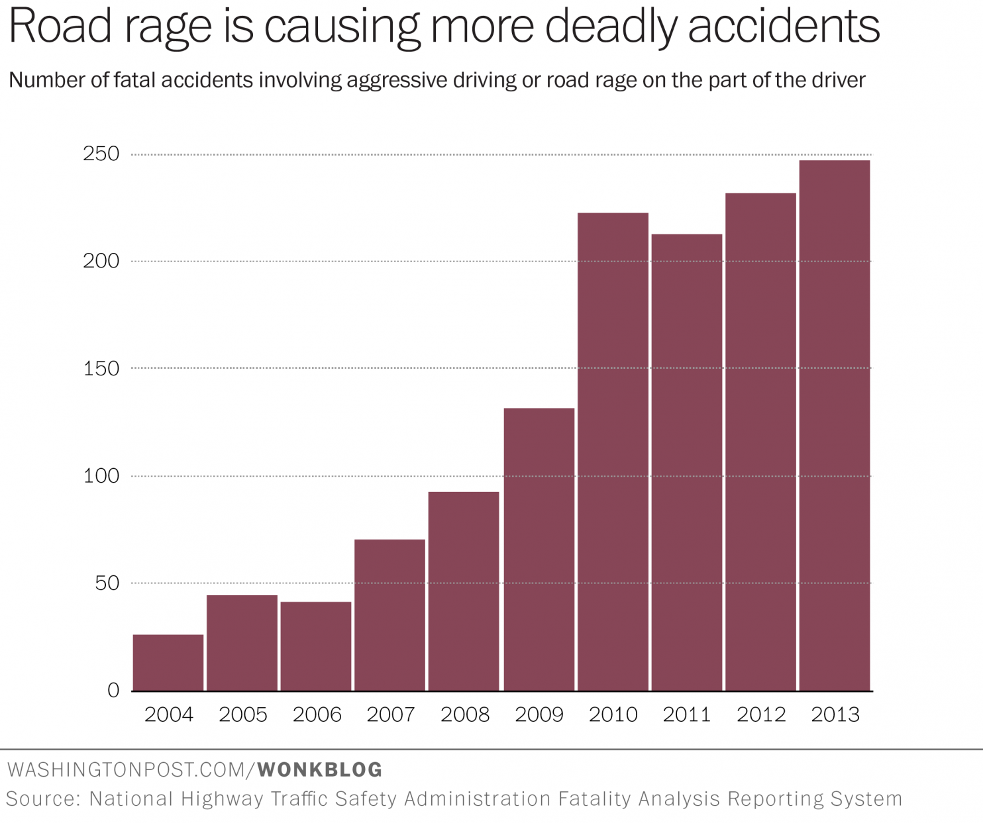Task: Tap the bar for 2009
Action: [539, 549]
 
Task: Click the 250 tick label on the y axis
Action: [101, 154]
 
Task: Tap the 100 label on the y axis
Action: [101, 476]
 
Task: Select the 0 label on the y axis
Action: [113, 691]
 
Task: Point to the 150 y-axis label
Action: [101, 369]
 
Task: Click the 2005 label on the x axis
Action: [243, 715]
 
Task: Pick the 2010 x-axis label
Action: [613, 715]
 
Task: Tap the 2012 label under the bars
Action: [761, 715]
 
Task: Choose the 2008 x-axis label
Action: [465, 715]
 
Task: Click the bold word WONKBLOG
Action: [320, 769]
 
